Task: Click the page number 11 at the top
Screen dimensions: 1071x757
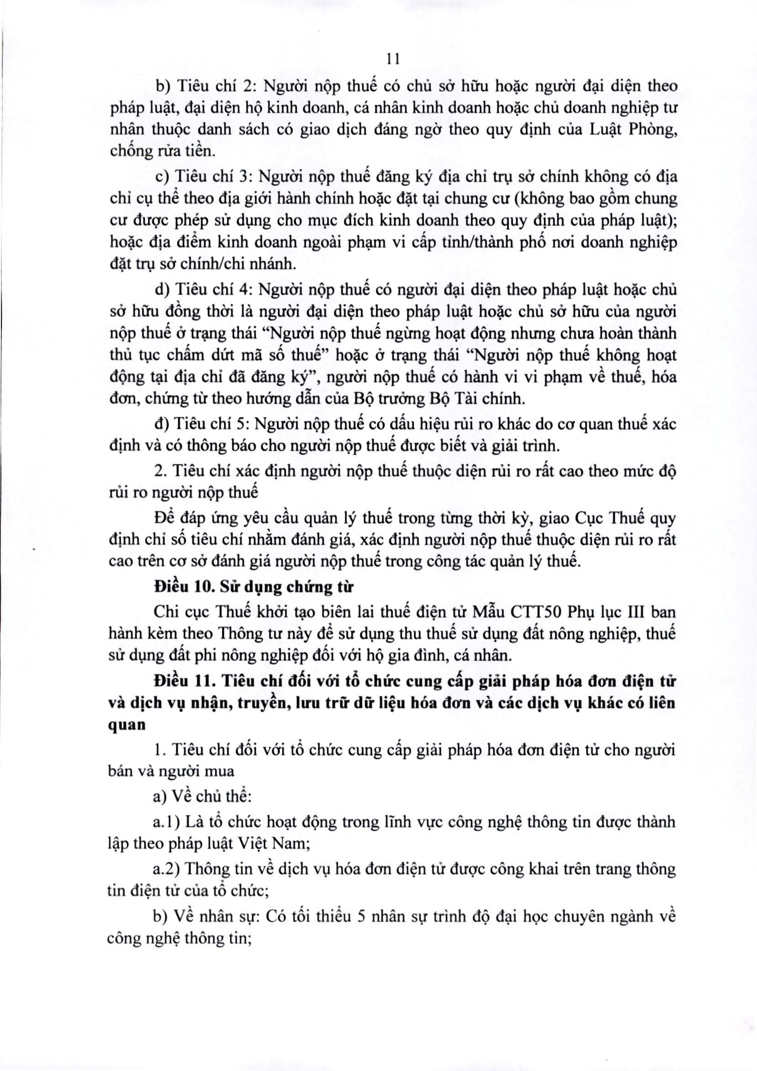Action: (393, 59)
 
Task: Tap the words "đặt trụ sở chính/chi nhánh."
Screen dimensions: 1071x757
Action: (202, 264)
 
